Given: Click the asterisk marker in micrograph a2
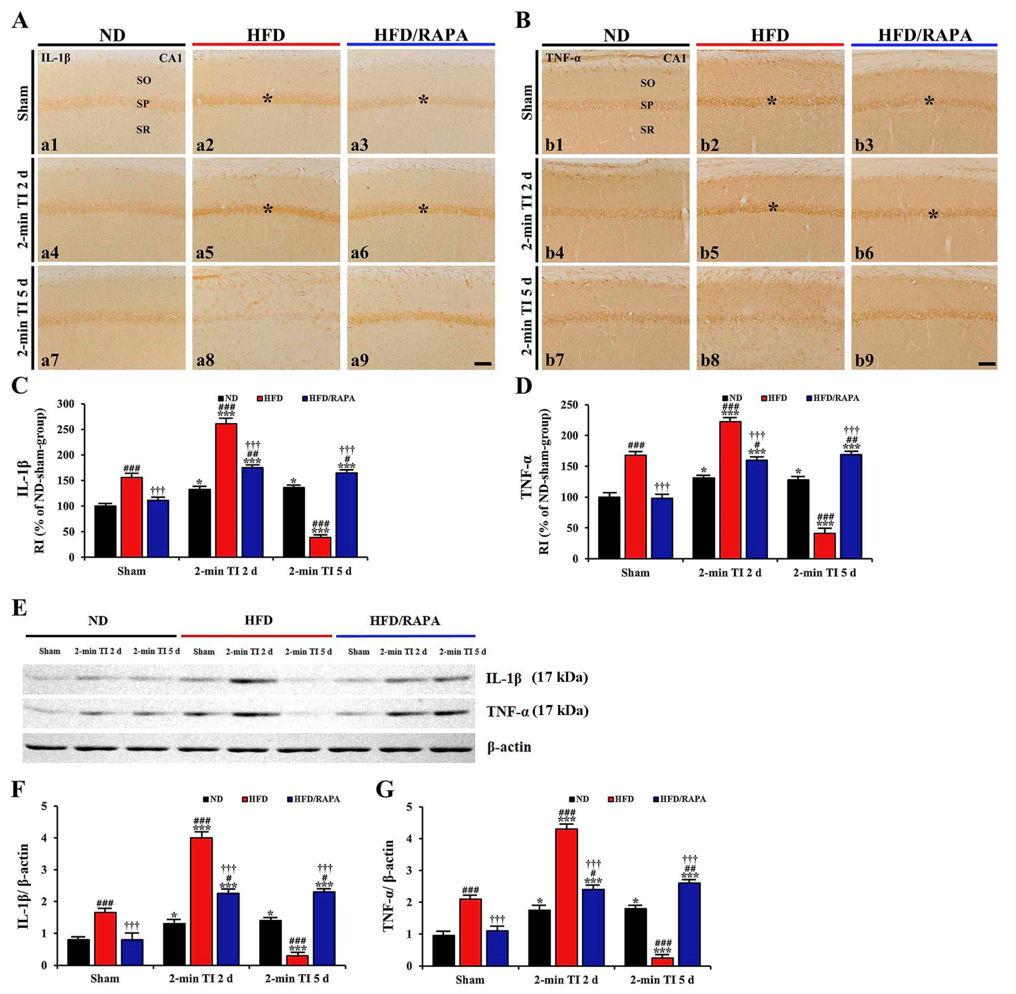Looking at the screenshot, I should click(x=267, y=99).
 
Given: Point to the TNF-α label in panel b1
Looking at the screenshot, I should click(x=563, y=58).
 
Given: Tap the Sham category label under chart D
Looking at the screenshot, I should click(x=635, y=573).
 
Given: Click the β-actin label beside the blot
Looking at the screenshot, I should click(x=509, y=747).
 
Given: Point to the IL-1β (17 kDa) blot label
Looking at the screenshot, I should click(x=537, y=678).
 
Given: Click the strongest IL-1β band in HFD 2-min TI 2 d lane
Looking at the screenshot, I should click(x=249, y=681).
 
